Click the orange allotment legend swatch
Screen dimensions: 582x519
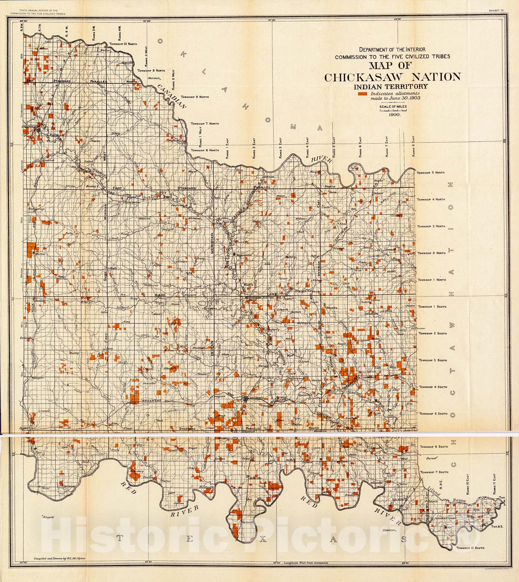click(x=362, y=94)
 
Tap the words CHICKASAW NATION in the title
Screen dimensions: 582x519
click(x=393, y=77)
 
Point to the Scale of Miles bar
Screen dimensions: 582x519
click(x=393, y=110)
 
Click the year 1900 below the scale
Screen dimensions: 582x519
click(x=394, y=115)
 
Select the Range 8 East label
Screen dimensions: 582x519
click(x=414, y=147)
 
